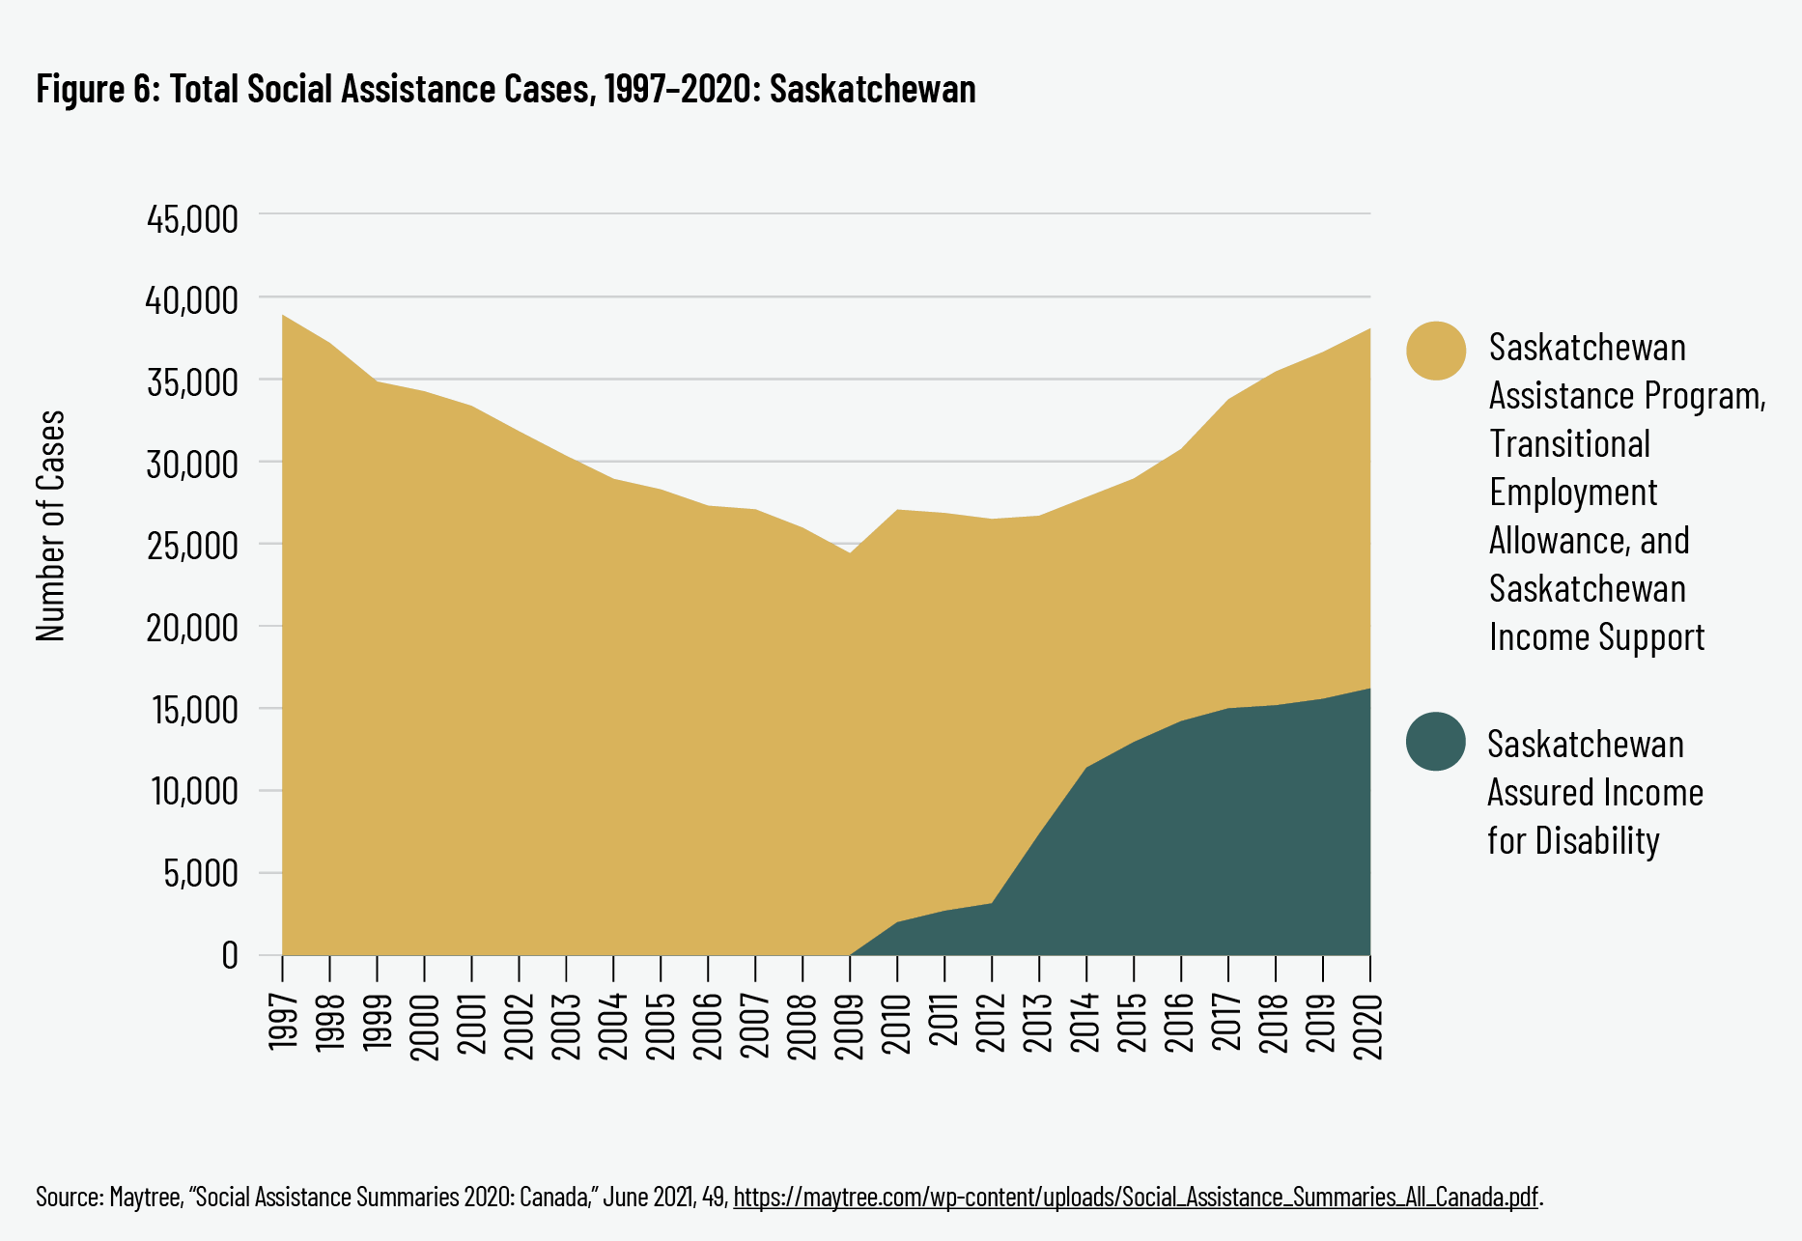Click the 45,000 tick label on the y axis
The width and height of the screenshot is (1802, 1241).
192,219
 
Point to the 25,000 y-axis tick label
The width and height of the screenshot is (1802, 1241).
192,546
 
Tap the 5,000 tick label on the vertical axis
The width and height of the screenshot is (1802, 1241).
200,874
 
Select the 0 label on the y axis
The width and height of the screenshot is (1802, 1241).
229,955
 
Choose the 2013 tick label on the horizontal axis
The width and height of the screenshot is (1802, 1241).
1039,1020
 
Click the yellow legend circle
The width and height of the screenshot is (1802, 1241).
1436,351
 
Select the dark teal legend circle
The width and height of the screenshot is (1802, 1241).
1436,742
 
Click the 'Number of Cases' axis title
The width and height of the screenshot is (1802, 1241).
50,526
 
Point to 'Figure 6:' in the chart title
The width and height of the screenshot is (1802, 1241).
98,89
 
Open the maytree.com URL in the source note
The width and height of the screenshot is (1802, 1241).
1135,1198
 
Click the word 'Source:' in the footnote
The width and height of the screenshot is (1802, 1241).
69,1198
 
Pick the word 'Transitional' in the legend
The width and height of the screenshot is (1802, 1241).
1569,444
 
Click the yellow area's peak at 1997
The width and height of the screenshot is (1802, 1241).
283,317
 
